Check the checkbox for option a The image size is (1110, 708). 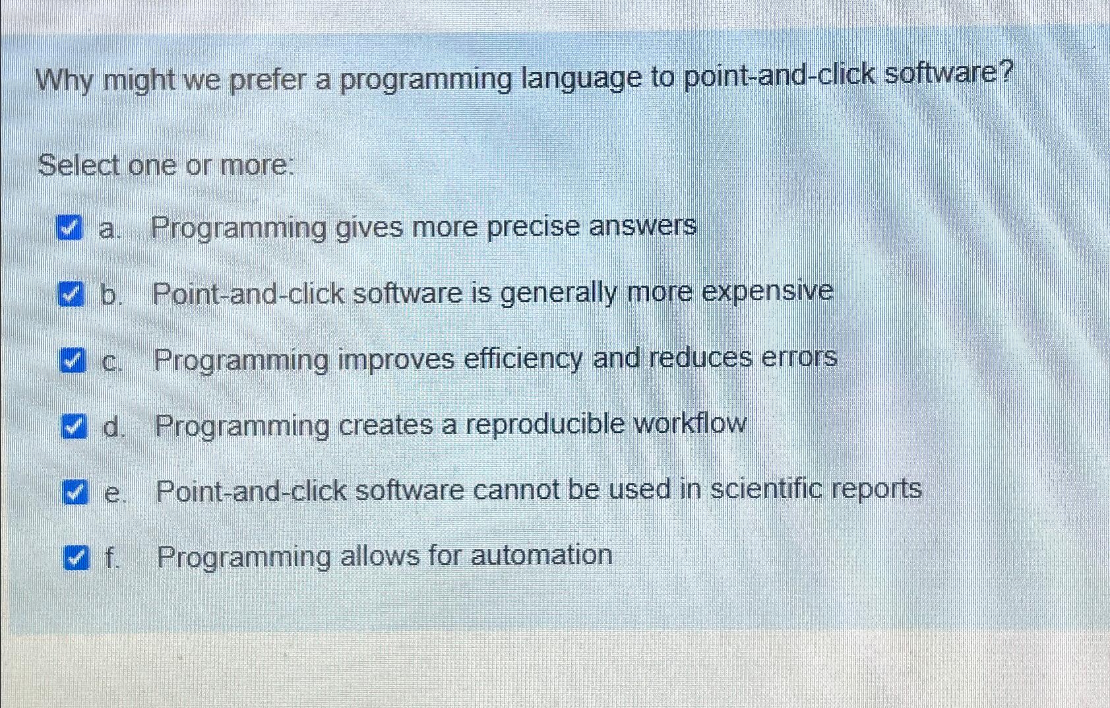point(69,228)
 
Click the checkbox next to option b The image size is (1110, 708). point(71,294)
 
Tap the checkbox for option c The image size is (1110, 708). point(72,360)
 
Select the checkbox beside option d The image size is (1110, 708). point(73,426)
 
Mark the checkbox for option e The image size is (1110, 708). point(75,492)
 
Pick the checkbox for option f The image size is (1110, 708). point(75,558)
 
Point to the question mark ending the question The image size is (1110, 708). point(1005,71)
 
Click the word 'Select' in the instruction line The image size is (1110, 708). point(79,165)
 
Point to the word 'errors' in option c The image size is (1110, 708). point(799,357)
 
